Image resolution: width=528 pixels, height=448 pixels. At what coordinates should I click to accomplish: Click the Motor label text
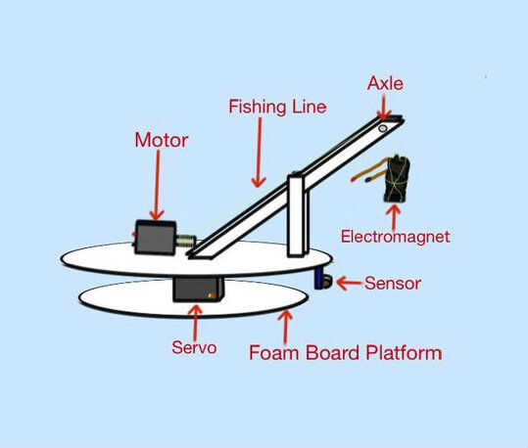[x=162, y=140]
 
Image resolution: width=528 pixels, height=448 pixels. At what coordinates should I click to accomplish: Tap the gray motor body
[x=155, y=238]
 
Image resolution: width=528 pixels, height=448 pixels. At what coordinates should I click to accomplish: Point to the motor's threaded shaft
[x=185, y=242]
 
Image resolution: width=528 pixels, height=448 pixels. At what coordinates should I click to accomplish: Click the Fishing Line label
[x=278, y=107]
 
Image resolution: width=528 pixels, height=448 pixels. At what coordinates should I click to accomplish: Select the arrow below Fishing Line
[x=259, y=152]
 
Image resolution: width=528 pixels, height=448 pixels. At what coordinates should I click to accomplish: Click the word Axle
[x=385, y=83]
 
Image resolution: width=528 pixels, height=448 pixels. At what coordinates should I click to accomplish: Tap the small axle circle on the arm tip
[x=382, y=128]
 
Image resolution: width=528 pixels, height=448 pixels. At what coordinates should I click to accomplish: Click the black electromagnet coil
[x=397, y=179]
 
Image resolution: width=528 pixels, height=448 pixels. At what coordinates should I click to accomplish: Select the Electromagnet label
[x=396, y=237]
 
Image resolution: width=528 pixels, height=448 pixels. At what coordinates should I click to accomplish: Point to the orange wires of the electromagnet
[x=368, y=172]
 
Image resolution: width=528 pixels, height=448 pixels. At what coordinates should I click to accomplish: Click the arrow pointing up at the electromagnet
[x=394, y=217]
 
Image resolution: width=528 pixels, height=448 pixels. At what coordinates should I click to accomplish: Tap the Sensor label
[x=393, y=284]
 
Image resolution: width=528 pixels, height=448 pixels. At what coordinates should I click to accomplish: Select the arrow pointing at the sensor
[x=351, y=284]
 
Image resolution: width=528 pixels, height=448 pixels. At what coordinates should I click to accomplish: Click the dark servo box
[x=197, y=290]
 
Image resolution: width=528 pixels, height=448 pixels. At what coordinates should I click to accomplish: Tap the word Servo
[x=194, y=347]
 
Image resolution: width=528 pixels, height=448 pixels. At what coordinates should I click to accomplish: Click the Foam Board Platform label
[x=346, y=353]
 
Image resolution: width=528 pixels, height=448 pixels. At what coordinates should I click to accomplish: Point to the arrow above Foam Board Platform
[x=286, y=327]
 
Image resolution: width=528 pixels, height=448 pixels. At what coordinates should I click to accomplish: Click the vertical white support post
[x=299, y=215]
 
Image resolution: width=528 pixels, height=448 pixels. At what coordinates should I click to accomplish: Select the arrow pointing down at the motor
[x=157, y=185]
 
